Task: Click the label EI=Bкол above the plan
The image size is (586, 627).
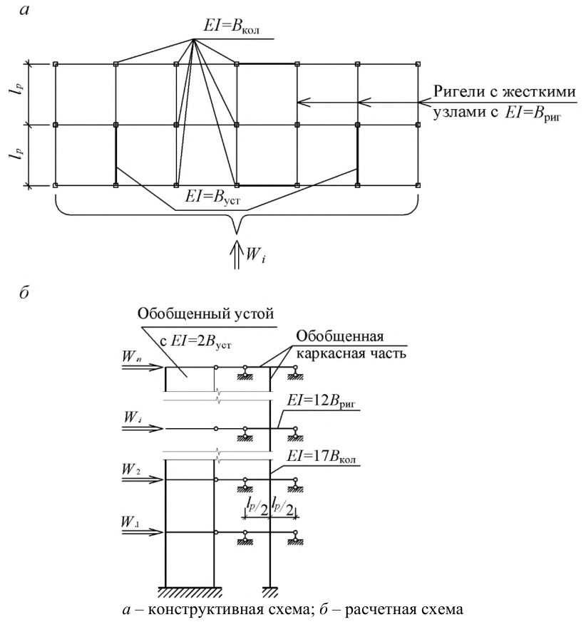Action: (x=231, y=27)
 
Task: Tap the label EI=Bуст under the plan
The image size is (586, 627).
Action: (x=212, y=197)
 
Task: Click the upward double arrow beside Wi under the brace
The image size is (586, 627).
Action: (x=237, y=254)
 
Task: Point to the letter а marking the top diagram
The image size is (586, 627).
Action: (x=25, y=9)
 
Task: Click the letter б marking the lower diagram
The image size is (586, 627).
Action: (x=24, y=293)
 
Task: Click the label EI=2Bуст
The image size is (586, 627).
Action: (x=195, y=341)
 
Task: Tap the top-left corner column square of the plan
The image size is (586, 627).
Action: (x=55, y=64)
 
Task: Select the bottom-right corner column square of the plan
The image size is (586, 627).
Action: (x=418, y=185)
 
